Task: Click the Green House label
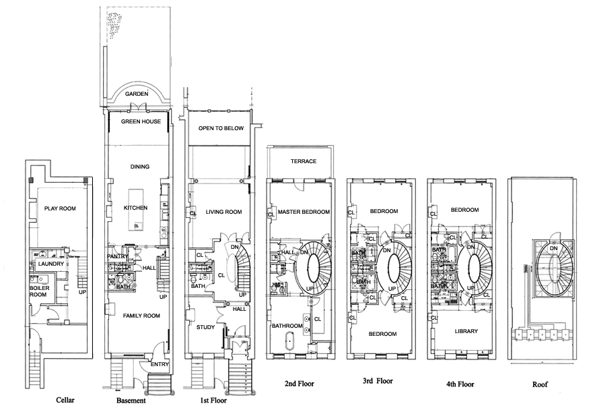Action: click(140, 122)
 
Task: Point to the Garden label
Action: click(136, 94)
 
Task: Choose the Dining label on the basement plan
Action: click(139, 167)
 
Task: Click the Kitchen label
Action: click(135, 208)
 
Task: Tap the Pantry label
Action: click(118, 256)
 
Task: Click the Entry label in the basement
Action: click(160, 364)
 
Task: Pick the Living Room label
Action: click(223, 212)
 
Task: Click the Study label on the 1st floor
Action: click(206, 329)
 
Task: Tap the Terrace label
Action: click(304, 162)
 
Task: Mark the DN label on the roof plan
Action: click(553, 248)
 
